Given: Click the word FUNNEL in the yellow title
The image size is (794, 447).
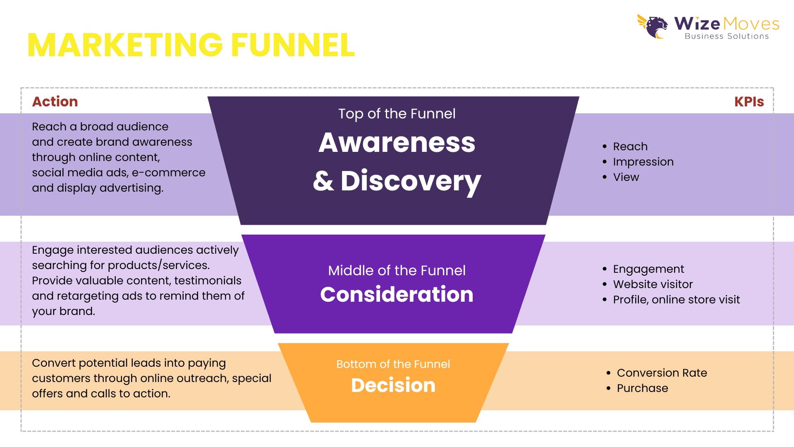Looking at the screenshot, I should coord(293,45).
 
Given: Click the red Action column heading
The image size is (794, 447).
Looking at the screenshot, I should coord(55,102).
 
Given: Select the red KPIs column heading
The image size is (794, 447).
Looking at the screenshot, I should coord(749,102).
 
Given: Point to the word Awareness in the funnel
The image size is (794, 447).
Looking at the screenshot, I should coord(397,143).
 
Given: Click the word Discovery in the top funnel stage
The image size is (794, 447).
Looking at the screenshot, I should coord(411,181).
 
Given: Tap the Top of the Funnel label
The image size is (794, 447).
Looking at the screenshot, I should coord(397,114).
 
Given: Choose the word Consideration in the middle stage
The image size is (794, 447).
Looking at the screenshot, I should coord(397,295).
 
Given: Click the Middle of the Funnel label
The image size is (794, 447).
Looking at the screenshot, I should coord(397,271).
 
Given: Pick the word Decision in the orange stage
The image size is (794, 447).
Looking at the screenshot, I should coord(393,385).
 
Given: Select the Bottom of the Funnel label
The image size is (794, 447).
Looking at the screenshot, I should coord(393,364).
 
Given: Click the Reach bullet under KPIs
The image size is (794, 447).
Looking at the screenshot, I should coord(630,147).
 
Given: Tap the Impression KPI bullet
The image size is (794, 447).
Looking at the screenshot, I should coord(643,162).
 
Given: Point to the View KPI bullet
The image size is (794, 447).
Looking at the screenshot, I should coord(626,177).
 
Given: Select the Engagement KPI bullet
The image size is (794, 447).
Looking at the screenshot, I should coord(648,269).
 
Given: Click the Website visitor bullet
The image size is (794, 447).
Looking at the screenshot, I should coord(653,284).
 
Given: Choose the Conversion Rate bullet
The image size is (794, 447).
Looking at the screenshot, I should coord(662,373).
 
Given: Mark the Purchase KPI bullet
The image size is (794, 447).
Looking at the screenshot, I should coord(642,388).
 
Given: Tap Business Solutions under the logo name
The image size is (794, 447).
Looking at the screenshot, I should coord(727,36).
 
